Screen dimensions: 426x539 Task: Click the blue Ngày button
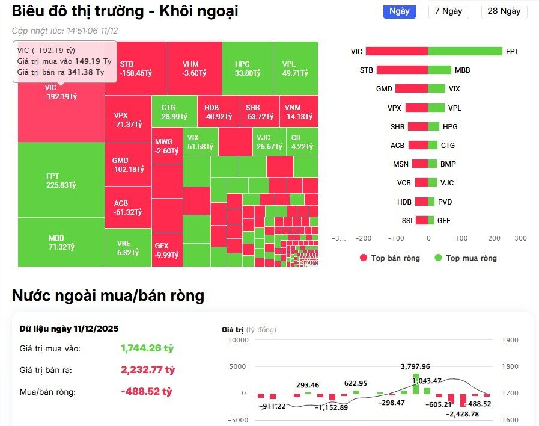(x=399, y=11)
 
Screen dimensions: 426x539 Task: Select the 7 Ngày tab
(x=449, y=11)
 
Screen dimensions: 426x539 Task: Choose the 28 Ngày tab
(x=504, y=11)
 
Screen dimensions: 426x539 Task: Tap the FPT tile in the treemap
(x=61, y=180)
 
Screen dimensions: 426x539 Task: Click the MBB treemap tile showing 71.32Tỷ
(x=61, y=242)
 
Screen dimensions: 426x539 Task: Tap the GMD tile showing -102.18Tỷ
(x=127, y=165)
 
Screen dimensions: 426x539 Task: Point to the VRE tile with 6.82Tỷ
(x=127, y=247)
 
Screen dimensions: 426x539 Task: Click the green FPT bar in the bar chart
(x=465, y=52)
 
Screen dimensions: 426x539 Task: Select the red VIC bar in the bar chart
(x=397, y=52)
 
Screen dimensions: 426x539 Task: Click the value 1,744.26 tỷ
(x=147, y=348)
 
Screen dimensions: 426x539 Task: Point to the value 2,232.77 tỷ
(x=148, y=369)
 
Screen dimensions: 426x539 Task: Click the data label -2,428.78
(x=461, y=414)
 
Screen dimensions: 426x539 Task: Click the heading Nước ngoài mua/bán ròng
(x=108, y=295)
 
